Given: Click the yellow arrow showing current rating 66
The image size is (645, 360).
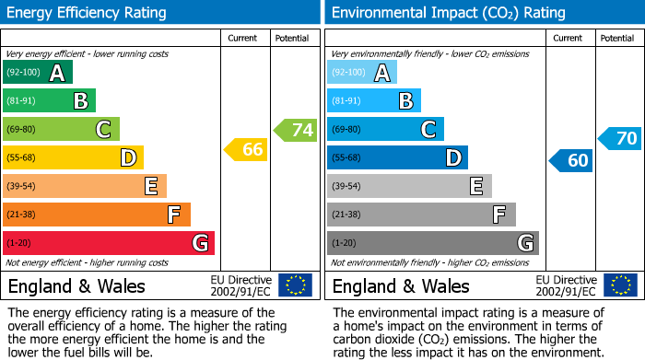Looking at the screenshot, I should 247,149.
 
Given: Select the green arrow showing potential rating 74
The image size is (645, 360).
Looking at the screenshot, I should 296,130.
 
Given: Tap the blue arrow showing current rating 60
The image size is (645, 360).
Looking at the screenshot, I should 571,160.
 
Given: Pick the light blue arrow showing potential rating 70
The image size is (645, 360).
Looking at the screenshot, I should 620,139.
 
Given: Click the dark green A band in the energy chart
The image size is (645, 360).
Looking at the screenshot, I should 38,73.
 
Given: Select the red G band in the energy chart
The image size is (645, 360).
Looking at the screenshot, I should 109,243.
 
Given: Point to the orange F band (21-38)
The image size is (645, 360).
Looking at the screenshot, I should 97,215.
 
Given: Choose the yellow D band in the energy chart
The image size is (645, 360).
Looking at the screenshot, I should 73,157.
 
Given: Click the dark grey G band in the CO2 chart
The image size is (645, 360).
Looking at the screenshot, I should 432,243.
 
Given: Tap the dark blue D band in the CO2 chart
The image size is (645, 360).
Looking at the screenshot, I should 397,157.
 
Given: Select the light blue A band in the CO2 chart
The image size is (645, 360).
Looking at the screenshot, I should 362,73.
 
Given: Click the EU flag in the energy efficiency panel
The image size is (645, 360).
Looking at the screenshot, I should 296,285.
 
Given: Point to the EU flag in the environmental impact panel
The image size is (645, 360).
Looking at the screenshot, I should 620,285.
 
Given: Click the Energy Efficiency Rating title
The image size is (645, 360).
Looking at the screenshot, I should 88,13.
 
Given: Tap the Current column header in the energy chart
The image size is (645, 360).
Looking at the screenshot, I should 243,38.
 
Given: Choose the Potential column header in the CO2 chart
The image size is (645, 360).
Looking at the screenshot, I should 617,38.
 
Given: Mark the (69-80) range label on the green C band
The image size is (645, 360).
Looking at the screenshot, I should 21,130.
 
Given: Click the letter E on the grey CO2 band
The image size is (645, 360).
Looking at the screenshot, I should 476,186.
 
